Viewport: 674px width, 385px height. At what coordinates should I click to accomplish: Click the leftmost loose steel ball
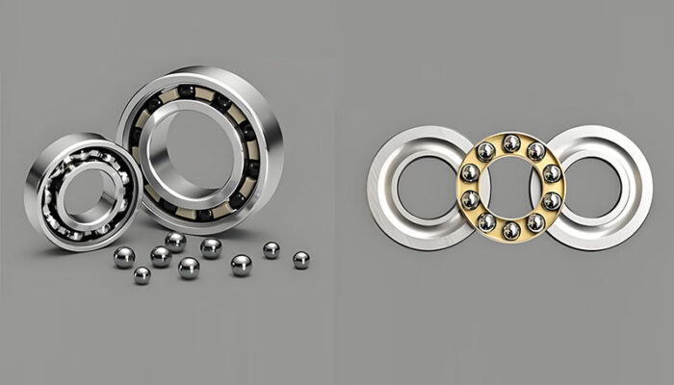pos(124,257)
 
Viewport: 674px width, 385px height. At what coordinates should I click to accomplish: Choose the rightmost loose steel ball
pos(301,260)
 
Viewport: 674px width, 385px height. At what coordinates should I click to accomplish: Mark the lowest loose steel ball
pos(142,275)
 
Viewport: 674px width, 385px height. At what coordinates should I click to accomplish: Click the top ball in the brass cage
pos(511,143)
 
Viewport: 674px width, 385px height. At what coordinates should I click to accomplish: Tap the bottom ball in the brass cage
pos(511,230)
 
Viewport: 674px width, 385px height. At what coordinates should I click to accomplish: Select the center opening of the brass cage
pos(511,187)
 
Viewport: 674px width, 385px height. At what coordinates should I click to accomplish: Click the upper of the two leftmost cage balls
pos(469,173)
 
